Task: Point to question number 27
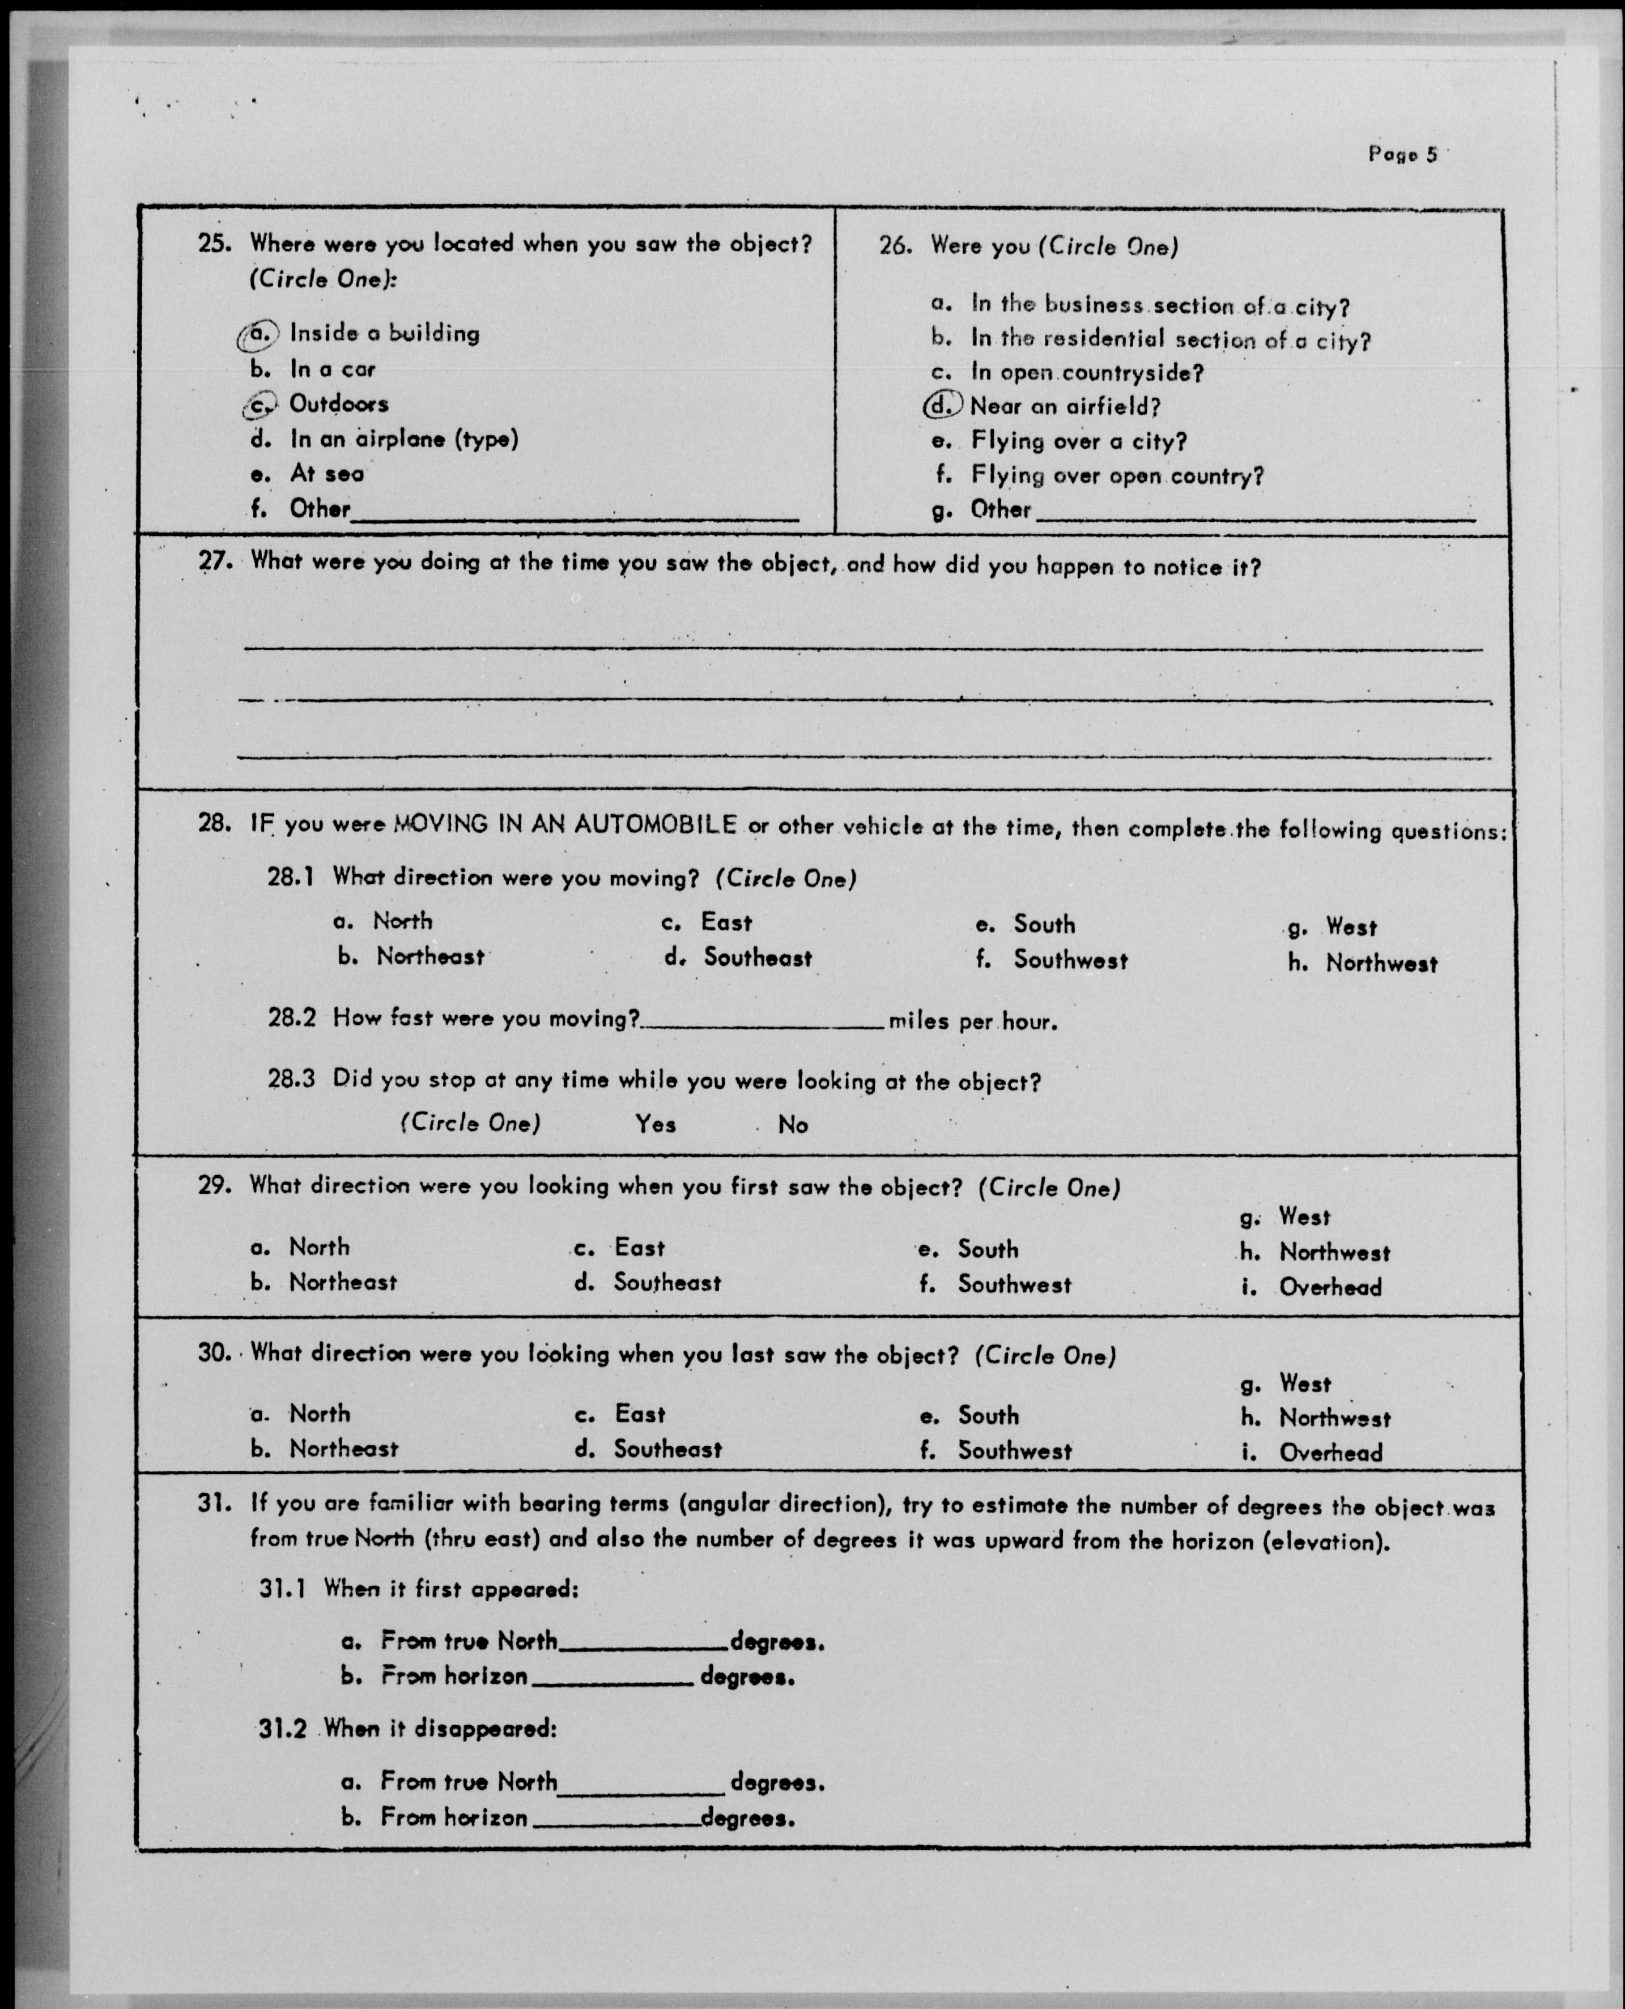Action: pyautogui.click(x=214, y=561)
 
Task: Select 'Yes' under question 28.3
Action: pyautogui.click(x=655, y=1124)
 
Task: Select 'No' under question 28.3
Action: pyautogui.click(x=793, y=1125)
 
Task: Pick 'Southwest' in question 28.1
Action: pyautogui.click(x=1070, y=960)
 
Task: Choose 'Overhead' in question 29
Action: pyautogui.click(x=1329, y=1288)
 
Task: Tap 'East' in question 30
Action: pyautogui.click(x=639, y=1414)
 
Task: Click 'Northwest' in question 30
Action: pyautogui.click(x=1334, y=1419)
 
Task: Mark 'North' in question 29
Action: pyautogui.click(x=319, y=1248)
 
